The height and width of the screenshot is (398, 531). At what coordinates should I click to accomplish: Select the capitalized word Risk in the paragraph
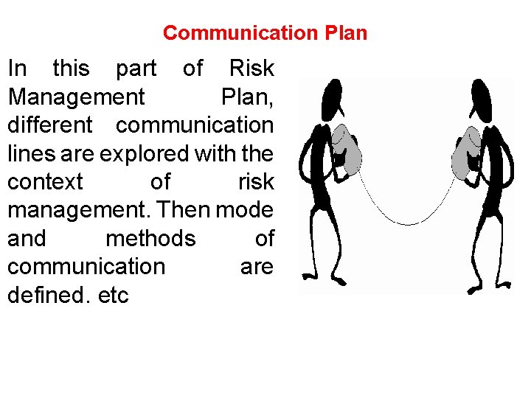point(251,69)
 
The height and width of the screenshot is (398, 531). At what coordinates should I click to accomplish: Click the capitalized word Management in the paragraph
point(76,97)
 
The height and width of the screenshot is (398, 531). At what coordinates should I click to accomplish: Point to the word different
point(50,125)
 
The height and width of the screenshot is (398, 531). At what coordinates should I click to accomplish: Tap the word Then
point(184,210)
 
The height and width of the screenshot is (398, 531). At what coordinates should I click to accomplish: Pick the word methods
point(150,239)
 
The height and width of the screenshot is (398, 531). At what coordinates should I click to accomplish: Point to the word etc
point(113,296)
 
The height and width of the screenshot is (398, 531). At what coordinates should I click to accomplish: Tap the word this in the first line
point(71,69)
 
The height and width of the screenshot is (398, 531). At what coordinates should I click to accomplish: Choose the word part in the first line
point(136,69)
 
